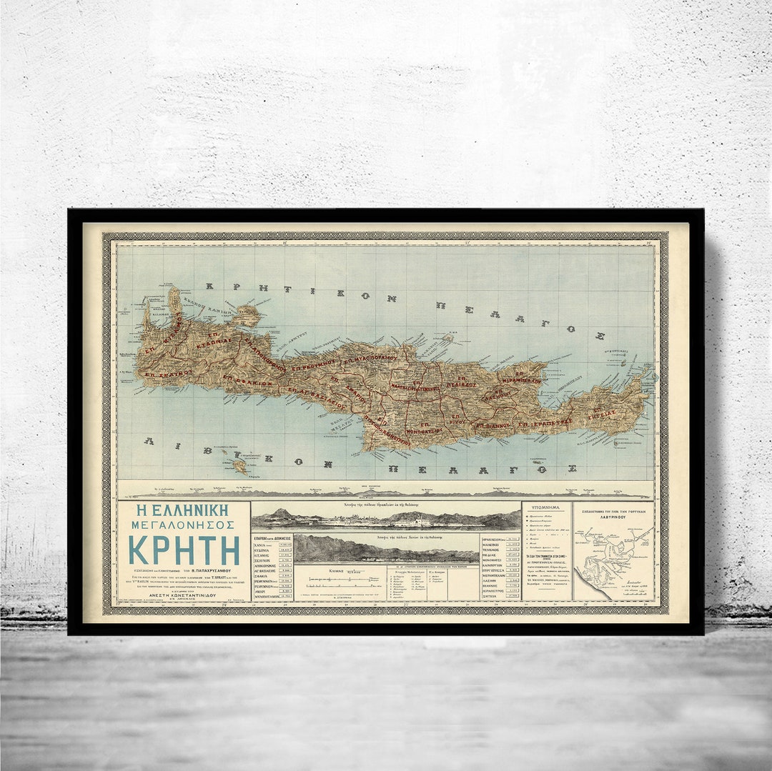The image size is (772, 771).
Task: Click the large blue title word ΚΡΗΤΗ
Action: [184, 549]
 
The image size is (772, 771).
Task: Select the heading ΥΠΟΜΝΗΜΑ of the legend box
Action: [547, 509]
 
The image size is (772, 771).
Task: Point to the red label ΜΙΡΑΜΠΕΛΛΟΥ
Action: [520, 381]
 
